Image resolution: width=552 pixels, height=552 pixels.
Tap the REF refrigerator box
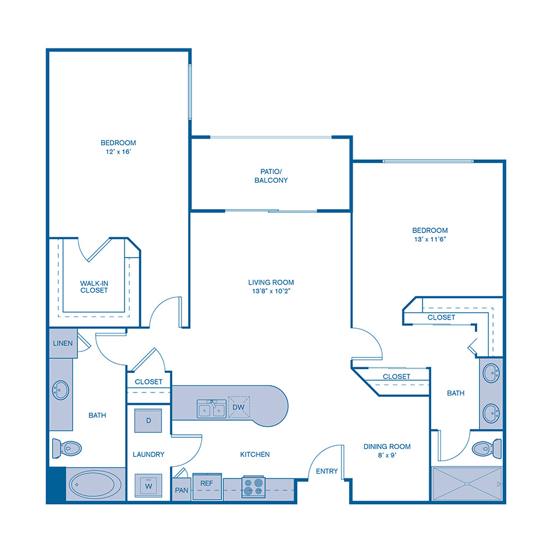[x=206, y=484]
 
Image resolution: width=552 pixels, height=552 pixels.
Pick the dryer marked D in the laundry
[x=148, y=421]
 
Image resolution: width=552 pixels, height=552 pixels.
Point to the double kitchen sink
[x=210, y=408]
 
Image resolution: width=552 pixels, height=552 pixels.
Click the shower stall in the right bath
[x=467, y=484]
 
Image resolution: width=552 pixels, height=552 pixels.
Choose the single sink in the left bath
[x=60, y=389]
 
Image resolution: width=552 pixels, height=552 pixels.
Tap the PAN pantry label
[x=181, y=490]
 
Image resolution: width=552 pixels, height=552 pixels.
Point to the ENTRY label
[x=327, y=471]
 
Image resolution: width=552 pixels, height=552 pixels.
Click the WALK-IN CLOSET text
[x=94, y=286]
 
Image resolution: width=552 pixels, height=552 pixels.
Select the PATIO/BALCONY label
[x=270, y=176]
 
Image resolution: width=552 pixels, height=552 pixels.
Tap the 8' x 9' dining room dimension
[x=386, y=456]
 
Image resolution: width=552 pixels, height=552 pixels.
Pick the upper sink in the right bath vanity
[x=491, y=373]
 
